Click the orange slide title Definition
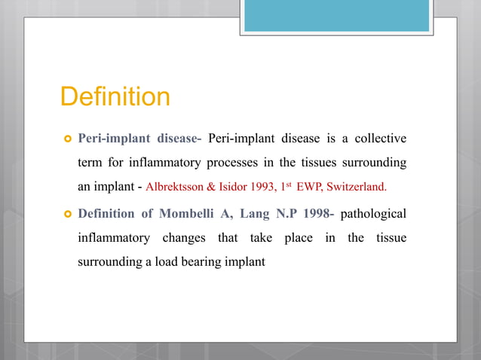coord(115,97)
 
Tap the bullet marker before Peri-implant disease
coord(67,139)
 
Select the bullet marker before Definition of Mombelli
coord(67,214)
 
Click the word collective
coord(379,139)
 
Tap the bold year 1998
coord(315,213)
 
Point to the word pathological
coord(373,213)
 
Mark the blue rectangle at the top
coord(336,15)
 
